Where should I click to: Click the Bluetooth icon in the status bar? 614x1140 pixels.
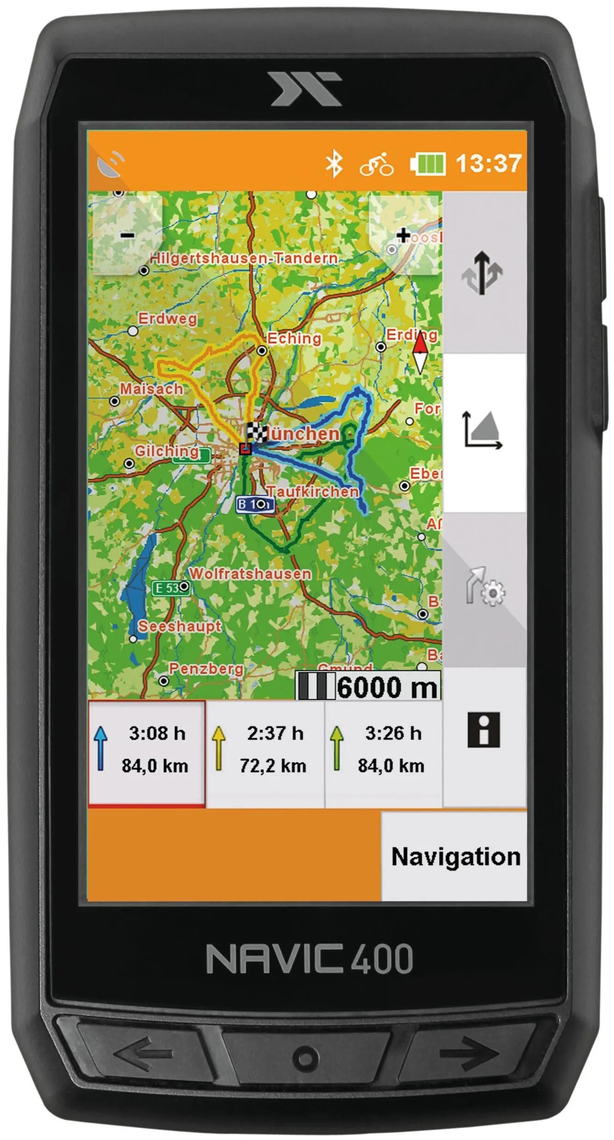[x=334, y=164]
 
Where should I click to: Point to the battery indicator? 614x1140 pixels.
[x=428, y=164]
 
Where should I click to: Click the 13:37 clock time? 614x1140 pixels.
[x=489, y=163]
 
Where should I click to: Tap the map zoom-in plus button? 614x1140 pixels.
[x=404, y=235]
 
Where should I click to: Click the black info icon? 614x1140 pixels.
[x=483, y=730]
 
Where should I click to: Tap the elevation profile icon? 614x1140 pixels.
[x=483, y=430]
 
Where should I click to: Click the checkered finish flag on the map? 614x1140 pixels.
[x=256, y=432]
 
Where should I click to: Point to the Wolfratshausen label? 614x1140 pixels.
[x=250, y=573]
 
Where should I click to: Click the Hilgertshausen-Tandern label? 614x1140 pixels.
[x=244, y=258]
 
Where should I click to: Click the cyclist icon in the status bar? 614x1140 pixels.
[x=376, y=164]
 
